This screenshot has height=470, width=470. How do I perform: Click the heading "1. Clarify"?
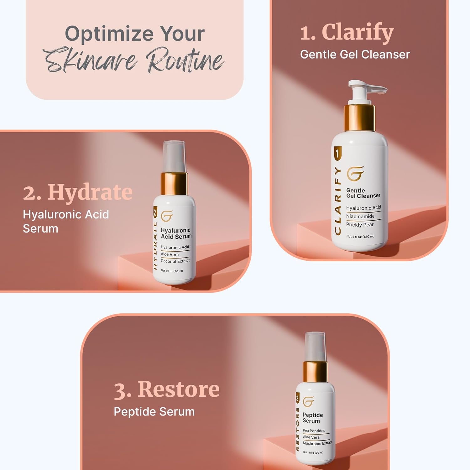coord(347,32)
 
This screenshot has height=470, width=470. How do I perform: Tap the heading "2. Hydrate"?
coord(78,192)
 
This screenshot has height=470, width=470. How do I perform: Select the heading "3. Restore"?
coord(166,389)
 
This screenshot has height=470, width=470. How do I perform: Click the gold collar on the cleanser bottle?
coord(359,118)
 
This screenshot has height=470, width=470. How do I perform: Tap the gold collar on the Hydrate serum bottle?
coord(174,183)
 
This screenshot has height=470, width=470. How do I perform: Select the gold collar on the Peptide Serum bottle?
coord(315,372)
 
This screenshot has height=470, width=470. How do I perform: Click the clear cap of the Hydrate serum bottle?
coord(174,156)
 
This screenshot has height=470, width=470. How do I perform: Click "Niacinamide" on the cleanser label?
coord(360,216)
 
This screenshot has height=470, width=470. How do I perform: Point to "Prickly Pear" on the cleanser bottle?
coord(360,225)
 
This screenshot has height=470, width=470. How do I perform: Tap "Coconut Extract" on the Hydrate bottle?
coord(175,261)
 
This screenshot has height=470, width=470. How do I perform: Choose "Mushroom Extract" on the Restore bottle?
coord(317,443)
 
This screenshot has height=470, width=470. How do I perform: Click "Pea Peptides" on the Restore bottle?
coord(314,431)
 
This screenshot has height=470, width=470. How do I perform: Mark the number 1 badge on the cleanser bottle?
coord(337,154)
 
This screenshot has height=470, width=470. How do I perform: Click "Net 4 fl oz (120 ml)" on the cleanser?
coord(360,236)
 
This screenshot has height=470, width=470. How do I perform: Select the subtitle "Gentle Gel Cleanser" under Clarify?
coord(355,55)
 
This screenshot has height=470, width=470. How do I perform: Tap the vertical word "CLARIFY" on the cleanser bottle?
coord(337,201)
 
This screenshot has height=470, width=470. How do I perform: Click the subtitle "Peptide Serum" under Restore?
coord(154,411)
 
